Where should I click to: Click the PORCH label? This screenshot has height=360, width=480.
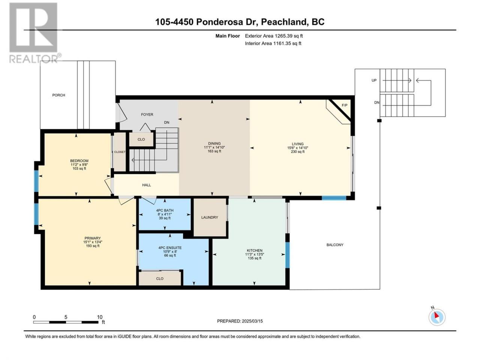[x=58, y=95]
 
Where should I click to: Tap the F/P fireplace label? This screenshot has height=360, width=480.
[x=344, y=105]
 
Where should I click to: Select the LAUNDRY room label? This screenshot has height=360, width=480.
[x=210, y=217]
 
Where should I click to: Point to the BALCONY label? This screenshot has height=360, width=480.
[x=335, y=245]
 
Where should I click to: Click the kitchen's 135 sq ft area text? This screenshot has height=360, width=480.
[x=254, y=258]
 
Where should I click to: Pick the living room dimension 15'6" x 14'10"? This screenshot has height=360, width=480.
[x=298, y=148]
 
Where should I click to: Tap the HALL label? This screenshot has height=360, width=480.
[x=147, y=185]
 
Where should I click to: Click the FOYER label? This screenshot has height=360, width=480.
[x=147, y=114]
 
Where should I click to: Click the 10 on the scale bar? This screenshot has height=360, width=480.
[x=100, y=317]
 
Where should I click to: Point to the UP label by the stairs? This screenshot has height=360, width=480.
[x=374, y=80]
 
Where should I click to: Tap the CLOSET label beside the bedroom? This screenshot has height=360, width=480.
[x=120, y=152]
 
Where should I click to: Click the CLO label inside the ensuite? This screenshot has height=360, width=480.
[x=160, y=279]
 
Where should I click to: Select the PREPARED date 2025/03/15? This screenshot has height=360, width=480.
[x=252, y=321]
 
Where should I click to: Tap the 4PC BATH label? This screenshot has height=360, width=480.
[x=165, y=210]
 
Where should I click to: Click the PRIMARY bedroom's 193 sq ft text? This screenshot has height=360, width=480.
[x=93, y=246]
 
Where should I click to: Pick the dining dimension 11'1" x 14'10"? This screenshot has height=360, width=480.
[x=214, y=147]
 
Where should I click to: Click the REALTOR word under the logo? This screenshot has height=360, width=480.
[x=33, y=59]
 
